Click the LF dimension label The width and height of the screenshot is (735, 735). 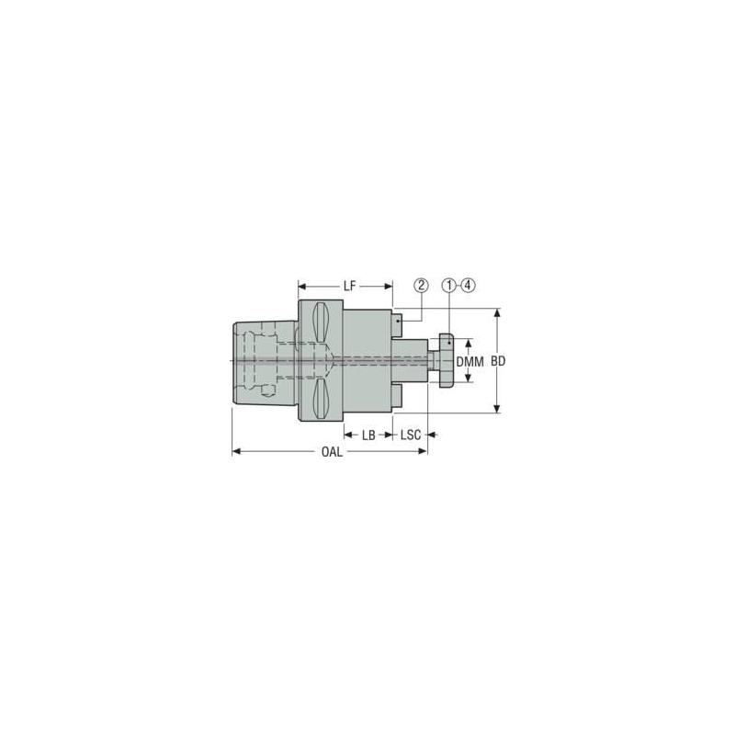(x=349, y=286)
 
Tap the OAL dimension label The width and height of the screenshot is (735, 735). (x=333, y=452)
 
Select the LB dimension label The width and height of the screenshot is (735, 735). (x=368, y=435)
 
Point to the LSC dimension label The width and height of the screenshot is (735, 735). (x=411, y=435)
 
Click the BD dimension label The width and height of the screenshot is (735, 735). (x=498, y=362)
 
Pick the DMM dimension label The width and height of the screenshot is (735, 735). (x=469, y=362)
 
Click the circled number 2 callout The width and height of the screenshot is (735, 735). (x=421, y=285)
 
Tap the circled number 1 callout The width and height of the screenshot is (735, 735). (x=448, y=285)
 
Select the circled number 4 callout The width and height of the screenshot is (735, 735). (x=469, y=285)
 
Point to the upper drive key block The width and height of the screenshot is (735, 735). (x=397, y=322)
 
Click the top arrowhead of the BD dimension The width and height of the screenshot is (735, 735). (x=498, y=312)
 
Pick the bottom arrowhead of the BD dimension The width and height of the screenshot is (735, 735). (x=498, y=409)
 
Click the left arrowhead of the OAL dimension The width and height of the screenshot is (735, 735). (x=236, y=451)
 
